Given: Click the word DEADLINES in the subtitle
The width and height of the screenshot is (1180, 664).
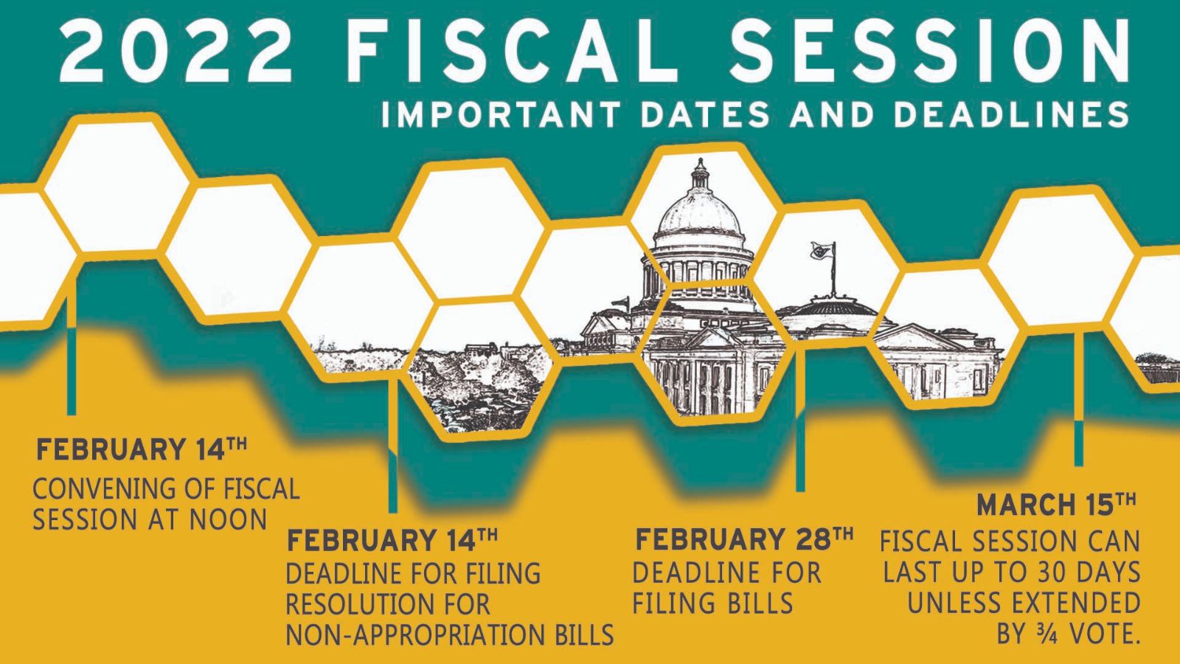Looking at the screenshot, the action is [x=1011, y=114].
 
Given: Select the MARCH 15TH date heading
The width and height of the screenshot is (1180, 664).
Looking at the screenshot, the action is [x=1056, y=505].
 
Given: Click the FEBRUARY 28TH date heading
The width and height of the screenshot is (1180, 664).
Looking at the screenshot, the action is [x=744, y=539].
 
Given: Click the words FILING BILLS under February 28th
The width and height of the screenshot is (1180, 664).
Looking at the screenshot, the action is [x=712, y=604].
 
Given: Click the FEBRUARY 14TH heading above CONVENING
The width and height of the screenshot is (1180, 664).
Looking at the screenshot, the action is [x=141, y=449].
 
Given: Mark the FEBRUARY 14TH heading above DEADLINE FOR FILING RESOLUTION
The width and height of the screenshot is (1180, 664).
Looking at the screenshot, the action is [x=392, y=539].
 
